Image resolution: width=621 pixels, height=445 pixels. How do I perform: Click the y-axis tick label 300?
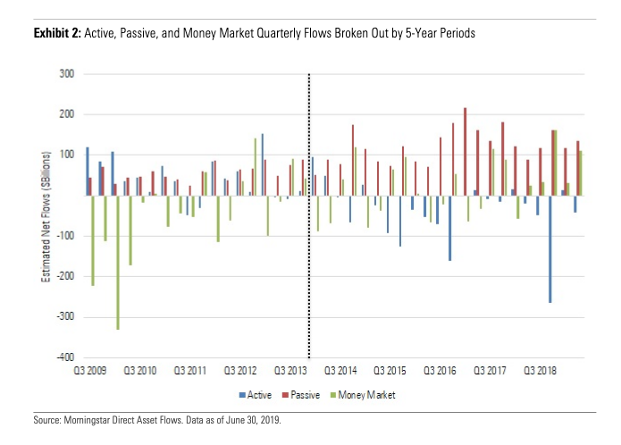click(x=65, y=74)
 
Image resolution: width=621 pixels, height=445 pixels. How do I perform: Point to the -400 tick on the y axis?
click(x=63, y=357)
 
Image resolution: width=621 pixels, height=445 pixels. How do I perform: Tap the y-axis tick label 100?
click(x=65, y=155)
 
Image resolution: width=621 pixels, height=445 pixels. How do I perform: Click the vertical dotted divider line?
click(x=309, y=214)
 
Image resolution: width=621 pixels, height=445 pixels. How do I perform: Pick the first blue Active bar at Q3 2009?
click(x=87, y=171)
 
